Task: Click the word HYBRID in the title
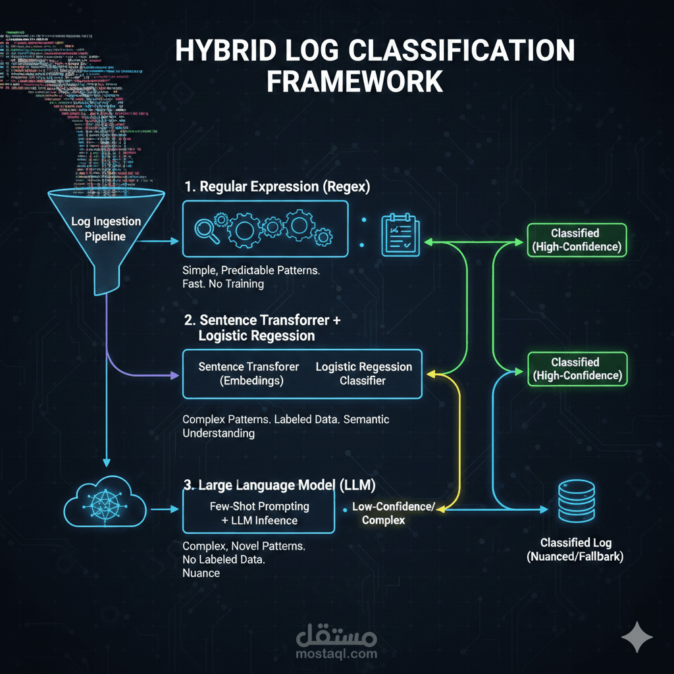tap(220, 51)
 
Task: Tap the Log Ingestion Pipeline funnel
tap(98, 230)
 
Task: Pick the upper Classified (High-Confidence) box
tap(577, 240)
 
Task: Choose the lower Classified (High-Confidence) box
tap(577, 369)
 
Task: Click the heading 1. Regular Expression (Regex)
tap(277, 187)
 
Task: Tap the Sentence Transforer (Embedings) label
tap(249, 373)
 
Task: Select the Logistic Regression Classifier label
tap(363, 373)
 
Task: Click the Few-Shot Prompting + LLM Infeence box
tap(258, 513)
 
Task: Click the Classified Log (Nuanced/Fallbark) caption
tap(575, 550)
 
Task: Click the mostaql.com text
tap(337, 654)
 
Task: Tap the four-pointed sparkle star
tap(637, 637)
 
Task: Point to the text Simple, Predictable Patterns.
tap(251, 271)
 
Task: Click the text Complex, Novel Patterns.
tap(244, 547)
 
